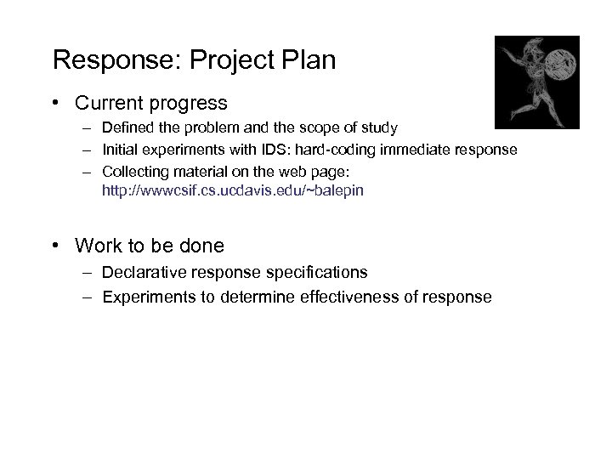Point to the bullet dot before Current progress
(55, 104)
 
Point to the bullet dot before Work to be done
(55, 246)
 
